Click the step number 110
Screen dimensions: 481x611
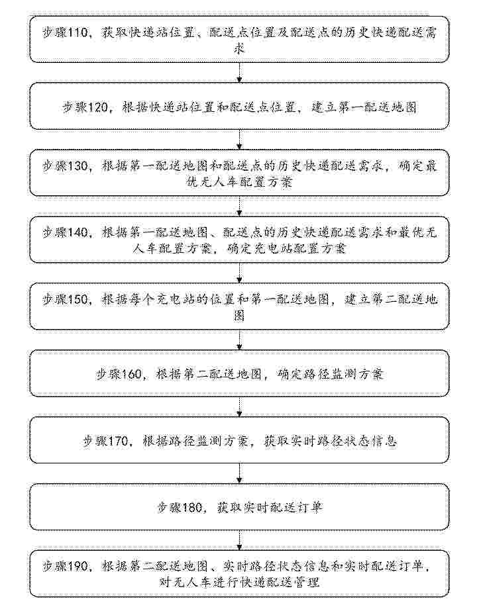pos(78,32)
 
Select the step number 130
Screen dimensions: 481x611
pos(78,166)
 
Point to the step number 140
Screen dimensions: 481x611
pos(78,232)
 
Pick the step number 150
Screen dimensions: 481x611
pos(78,300)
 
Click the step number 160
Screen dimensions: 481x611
pos(131,375)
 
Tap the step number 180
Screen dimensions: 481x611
pos(192,507)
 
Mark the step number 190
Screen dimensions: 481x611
pos(78,566)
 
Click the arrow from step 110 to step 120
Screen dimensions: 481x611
pos(240,72)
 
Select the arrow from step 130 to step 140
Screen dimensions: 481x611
pos(240,206)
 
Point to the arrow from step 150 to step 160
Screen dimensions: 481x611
pos(240,340)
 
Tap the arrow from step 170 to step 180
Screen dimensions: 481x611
pos(240,473)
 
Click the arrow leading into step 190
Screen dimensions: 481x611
pos(240,540)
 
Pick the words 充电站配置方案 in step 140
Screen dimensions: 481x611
pos(286,248)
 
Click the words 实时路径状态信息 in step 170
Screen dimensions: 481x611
pos(331,441)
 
